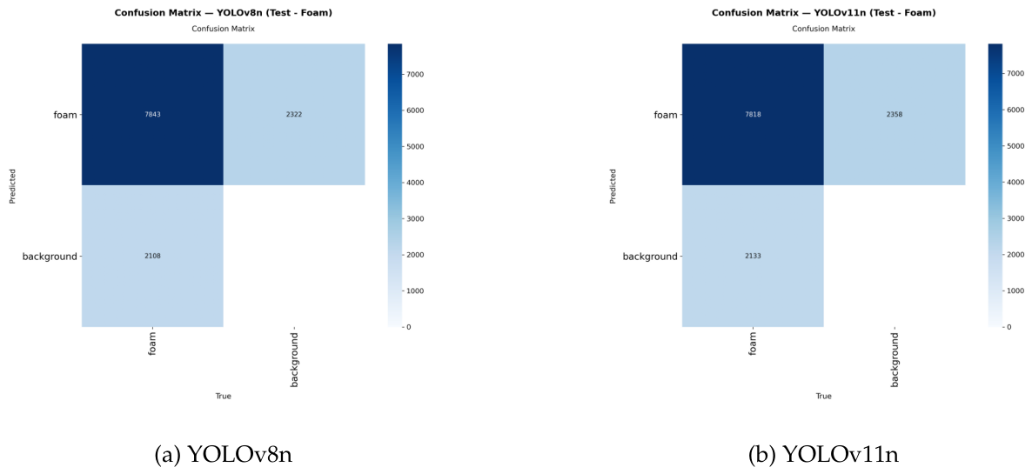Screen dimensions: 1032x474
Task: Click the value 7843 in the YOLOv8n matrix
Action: coord(152,115)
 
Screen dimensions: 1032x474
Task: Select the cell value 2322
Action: coord(294,115)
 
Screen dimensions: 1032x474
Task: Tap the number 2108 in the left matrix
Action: coord(152,256)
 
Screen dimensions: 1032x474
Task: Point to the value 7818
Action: coord(753,115)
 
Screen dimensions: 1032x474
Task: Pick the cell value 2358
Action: coord(895,115)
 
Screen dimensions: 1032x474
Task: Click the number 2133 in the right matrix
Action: coord(753,256)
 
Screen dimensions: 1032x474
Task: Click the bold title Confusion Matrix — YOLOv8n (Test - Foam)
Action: coord(223,12)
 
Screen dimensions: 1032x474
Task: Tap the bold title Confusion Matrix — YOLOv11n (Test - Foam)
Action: coord(823,12)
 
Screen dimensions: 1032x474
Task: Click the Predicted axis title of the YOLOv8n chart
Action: coord(12,185)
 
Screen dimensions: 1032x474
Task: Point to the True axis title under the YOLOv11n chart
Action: coord(823,396)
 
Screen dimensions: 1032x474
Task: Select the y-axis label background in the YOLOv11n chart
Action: coord(650,256)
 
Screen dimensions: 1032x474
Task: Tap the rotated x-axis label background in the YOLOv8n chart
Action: coord(294,360)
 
